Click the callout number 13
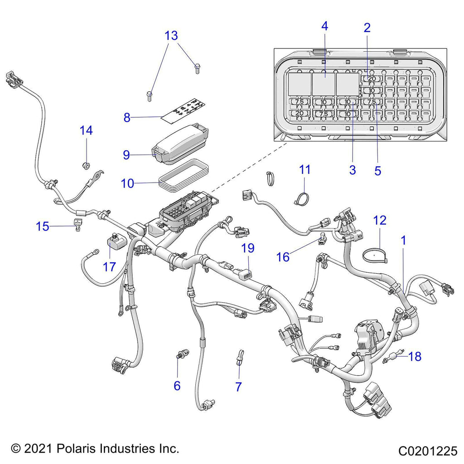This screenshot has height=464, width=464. coord(171,35)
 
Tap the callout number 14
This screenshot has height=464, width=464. coord(86,130)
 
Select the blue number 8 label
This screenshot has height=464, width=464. coord(127,118)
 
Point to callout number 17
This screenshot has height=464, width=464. coord(109,266)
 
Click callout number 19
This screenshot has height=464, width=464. coord(248,248)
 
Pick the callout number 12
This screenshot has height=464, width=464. coord(380,220)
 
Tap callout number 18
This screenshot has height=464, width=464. coord(415,357)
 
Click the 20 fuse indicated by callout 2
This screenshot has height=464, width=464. coord(372,79)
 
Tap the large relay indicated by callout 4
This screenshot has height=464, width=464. coord(324,83)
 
